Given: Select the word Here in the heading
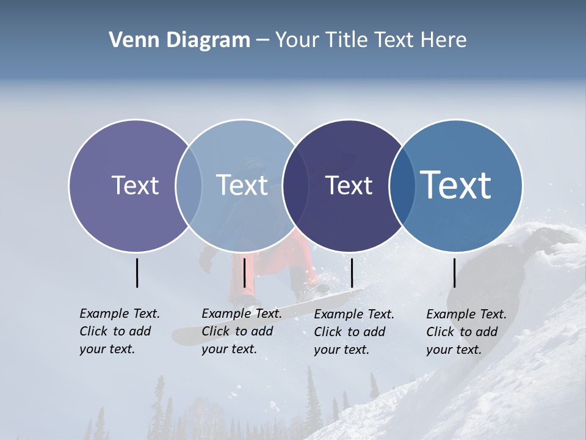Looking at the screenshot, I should (444, 40).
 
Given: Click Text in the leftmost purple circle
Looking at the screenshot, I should (135, 185).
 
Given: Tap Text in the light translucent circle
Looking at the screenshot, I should (242, 185).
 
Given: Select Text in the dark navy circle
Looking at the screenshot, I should (349, 185).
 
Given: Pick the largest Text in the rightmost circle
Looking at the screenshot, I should (456, 185).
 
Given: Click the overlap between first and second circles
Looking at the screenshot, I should (189, 185).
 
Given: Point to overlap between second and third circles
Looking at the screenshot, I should (295, 185).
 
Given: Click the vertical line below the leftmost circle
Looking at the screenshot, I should (137, 273).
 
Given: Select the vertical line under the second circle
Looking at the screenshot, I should (244, 273).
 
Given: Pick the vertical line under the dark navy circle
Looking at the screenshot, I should (352, 273).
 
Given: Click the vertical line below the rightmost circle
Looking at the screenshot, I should (454, 273).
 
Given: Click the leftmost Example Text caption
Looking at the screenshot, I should (119, 331).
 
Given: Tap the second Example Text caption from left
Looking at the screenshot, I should (241, 331).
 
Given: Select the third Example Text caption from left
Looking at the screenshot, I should (353, 332).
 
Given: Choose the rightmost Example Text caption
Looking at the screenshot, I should (466, 332).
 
